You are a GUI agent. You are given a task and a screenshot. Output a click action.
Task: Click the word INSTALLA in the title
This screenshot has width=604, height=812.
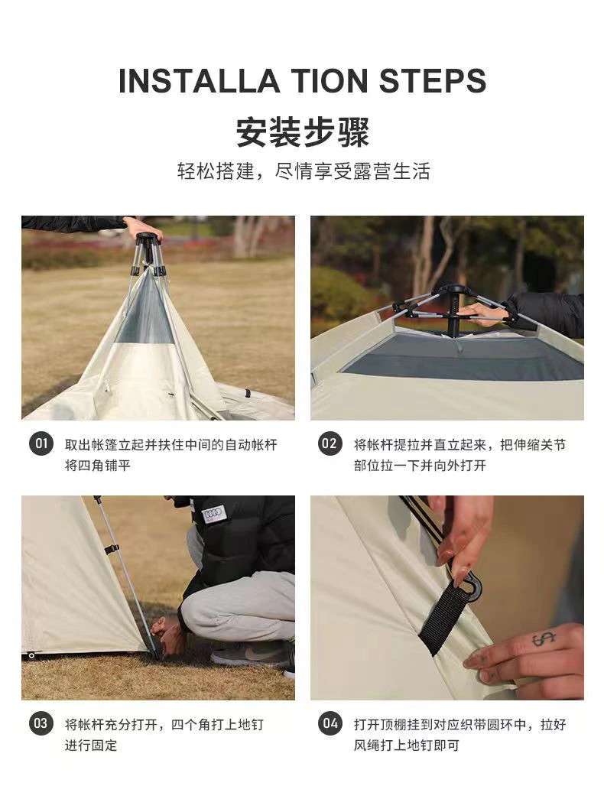tap(200, 81)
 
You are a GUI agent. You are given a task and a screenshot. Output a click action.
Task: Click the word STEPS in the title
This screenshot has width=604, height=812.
tap(433, 81)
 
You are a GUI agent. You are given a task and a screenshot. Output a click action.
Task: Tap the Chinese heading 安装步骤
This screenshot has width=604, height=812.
tap(303, 132)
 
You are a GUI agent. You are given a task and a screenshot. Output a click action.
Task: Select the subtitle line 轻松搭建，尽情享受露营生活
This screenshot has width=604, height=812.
tap(304, 171)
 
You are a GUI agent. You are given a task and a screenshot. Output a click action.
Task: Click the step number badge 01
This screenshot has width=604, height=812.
tap(41, 443)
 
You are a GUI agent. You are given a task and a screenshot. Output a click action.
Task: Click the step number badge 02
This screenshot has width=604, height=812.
tap(330, 443)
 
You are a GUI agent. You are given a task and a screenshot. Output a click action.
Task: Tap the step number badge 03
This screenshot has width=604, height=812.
tap(41, 723)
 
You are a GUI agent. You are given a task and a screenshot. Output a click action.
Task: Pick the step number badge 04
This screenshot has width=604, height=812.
tap(330, 723)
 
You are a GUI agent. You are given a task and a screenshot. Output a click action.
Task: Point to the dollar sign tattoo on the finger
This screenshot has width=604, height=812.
tap(544, 639)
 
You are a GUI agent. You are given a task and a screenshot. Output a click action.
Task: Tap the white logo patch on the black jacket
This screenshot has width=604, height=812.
tap(214, 514)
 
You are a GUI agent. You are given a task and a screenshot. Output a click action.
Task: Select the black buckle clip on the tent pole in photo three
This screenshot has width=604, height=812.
tap(112, 549)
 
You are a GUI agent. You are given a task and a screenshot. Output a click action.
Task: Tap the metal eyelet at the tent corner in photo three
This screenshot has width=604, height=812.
tap(32, 655)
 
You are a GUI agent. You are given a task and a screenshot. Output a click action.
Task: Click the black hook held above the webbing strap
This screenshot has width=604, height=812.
tap(468, 583)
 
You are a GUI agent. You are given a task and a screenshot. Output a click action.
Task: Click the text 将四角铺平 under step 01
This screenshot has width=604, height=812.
tap(97, 465)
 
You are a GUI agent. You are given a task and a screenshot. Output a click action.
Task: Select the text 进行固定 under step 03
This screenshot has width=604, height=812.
tap(91, 745)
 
